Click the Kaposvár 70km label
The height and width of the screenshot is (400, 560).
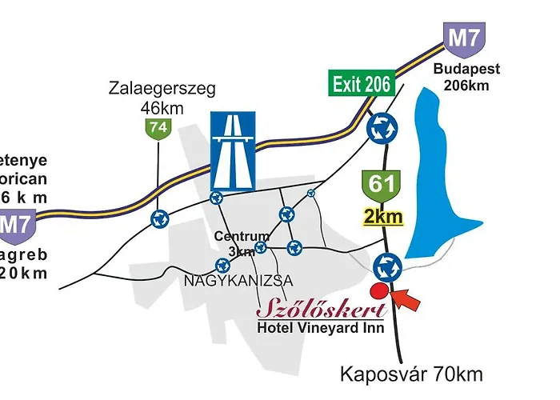tap(412, 374)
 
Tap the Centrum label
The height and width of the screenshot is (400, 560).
tap(242, 237)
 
